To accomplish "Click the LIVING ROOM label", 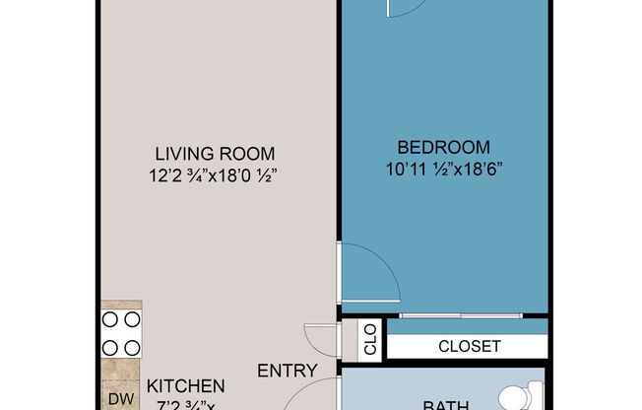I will tap(214, 154).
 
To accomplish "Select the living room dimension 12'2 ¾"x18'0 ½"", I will tap(214, 176).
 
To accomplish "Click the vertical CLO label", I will tap(370, 339).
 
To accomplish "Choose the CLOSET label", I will tap(470, 347).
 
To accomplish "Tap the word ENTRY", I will tap(288, 372).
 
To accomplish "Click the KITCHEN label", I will tap(186, 386).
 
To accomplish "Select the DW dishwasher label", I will tap(120, 399).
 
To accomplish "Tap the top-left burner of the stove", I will tap(109, 320).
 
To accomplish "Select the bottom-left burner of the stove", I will tap(109, 346).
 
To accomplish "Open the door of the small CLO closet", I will tap(321, 340).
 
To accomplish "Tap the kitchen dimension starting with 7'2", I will tap(186, 405).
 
